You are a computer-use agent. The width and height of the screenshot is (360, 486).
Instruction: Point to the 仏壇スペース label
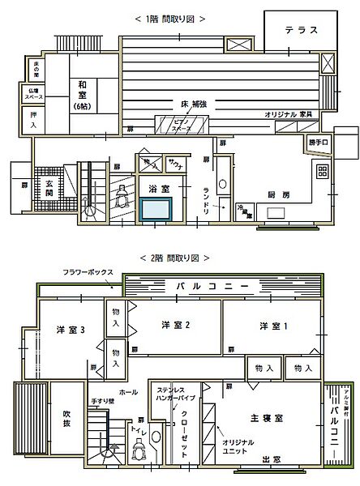(33, 94)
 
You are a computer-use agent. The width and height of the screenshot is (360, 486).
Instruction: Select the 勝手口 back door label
(319, 143)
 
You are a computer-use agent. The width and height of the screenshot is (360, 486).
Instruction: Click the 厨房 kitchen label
(279, 195)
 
